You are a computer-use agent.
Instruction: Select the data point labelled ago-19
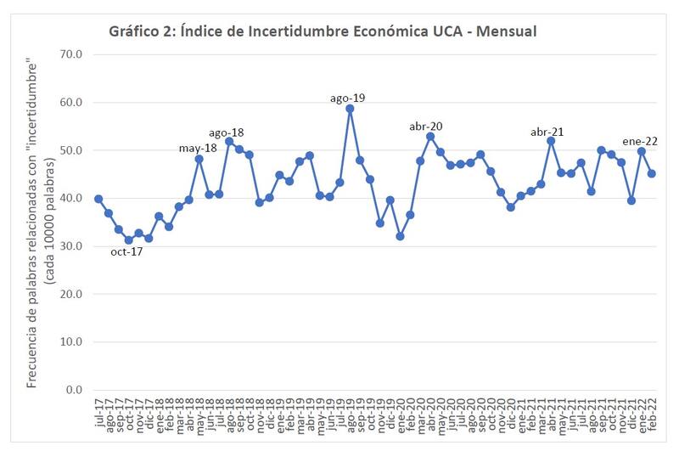350,109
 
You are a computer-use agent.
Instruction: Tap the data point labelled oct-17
128,240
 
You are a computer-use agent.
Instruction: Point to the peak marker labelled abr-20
430,136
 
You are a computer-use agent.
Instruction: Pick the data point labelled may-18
199,159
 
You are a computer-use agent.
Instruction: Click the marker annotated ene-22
642,151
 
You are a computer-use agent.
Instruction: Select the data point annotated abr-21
551,141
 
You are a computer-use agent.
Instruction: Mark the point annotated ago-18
229,141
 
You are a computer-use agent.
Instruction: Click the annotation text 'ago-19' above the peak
347,99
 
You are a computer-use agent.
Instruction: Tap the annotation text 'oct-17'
126,251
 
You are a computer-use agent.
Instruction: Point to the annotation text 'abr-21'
547,132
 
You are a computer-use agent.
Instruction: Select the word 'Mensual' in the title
506,31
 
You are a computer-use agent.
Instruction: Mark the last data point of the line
652,173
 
